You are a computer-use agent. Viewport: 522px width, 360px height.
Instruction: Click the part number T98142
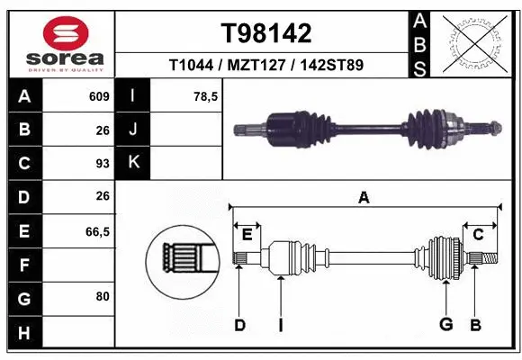click(x=265, y=33)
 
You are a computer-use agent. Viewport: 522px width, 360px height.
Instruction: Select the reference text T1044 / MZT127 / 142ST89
click(x=265, y=66)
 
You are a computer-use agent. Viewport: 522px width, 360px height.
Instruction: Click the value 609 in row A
click(x=98, y=96)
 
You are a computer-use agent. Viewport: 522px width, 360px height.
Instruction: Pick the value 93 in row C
click(x=102, y=164)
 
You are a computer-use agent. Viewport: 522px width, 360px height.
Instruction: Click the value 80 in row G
click(x=102, y=295)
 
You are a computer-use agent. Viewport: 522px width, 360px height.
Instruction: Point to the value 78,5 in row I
click(x=206, y=96)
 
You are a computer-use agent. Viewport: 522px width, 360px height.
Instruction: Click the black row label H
click(x=23, y=333)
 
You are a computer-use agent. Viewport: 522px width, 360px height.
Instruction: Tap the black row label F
click(x=23, y=265)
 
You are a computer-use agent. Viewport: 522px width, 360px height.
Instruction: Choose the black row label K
click(x=133, y=164)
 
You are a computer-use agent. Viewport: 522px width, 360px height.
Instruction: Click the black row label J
click(x=133, y=130)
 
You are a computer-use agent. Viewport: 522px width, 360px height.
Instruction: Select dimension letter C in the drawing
click(x=478, y=234)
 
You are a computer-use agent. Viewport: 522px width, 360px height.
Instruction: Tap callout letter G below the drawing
click(x=445, y=324)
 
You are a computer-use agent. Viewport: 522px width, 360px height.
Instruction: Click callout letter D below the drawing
click(x=239, y=324)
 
